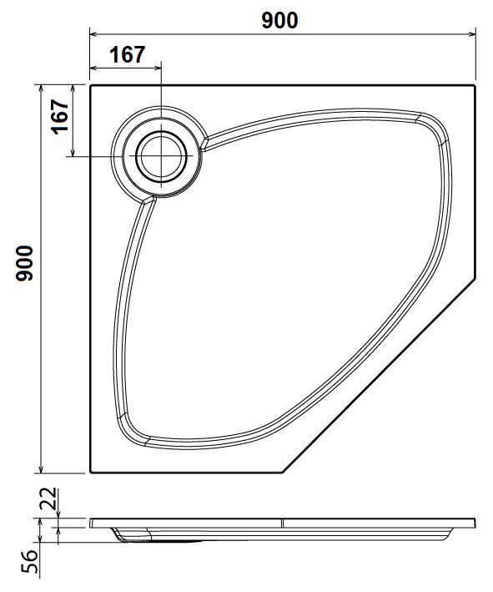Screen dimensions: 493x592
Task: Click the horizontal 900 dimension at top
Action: [x=279, y=20]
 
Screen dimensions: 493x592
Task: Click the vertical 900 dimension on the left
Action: [x=24, y=263]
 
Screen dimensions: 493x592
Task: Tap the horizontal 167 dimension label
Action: [x=127, y=55]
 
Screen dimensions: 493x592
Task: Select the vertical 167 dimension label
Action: [x=60, y=116]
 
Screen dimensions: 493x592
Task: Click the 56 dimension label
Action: [x=30, y=561]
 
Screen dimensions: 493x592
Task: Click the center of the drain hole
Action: [x=162, y=156]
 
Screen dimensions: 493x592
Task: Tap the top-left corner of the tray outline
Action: [x=91, y=86]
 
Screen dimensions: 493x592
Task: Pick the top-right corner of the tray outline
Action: [x=475, y=86]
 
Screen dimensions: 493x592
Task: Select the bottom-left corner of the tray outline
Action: [x=91, y=473]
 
